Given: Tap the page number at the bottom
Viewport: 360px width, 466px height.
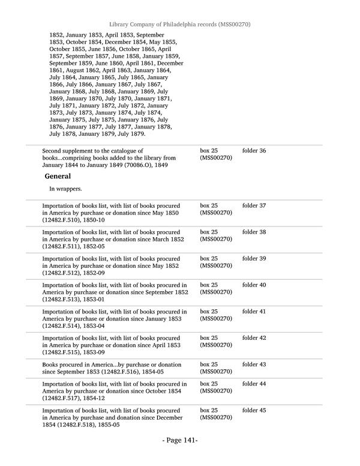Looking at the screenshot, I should tap(180, 440).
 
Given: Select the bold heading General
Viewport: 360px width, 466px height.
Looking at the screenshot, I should tap(58, 177).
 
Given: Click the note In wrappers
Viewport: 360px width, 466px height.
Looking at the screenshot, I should tap(65, 189).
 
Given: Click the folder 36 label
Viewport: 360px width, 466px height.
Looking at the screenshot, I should tap(254, 151).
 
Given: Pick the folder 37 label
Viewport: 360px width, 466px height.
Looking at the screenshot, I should tap(254, 206).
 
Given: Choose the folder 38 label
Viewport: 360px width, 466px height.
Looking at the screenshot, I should tap(254, 232).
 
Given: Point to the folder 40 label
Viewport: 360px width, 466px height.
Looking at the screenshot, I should tap(254, 285).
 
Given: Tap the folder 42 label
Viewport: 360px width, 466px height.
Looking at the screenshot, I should tap(254, 338).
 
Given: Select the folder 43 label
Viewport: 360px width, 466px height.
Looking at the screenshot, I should tap(254, 365).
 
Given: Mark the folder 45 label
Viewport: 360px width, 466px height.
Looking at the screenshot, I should tap(254, 410).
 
